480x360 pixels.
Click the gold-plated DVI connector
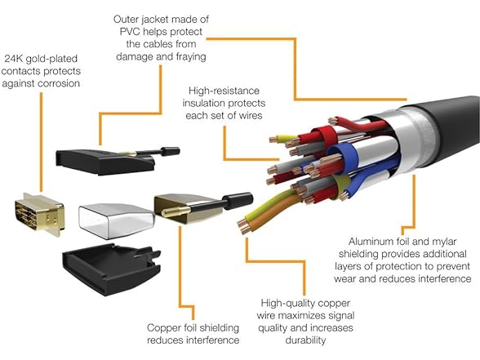(x=40, y=214)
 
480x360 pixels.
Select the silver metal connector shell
(x=116, y=221)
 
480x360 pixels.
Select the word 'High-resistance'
(x=224, y=91)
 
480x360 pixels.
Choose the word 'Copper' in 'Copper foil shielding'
(x=163, y=328)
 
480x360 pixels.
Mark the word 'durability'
(x=305, y=340)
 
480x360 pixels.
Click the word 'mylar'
(x=444, y=242)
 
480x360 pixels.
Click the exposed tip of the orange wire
(x=244, y=229)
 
